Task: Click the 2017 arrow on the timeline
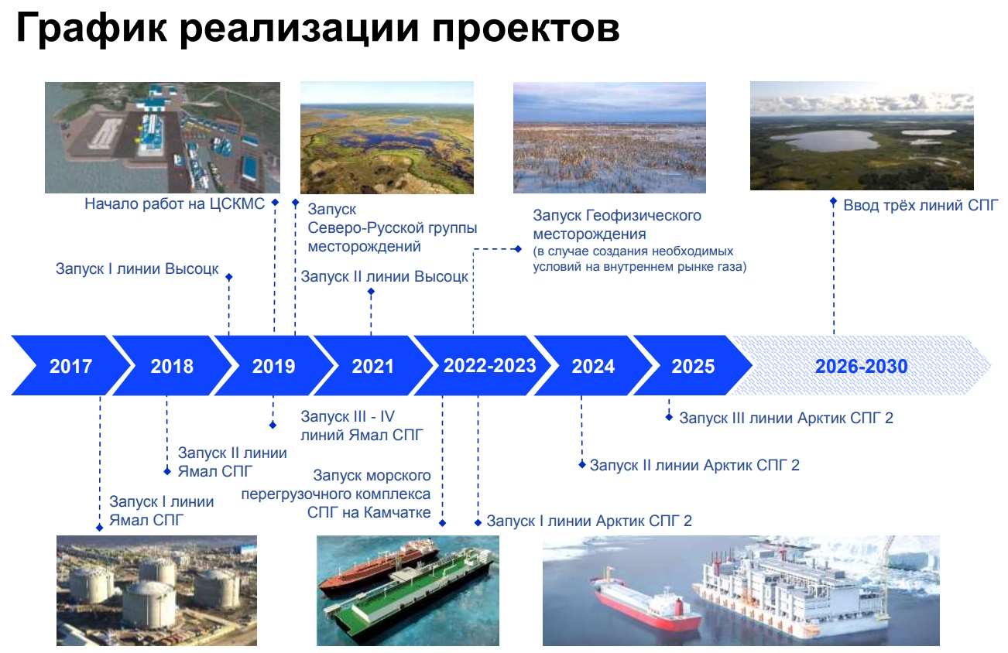pyautogui.click(x=70, y=366)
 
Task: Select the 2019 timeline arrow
pyautogui.click(x=273, y=366)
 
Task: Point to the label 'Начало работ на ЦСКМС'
pyautogui.click(x=175, y=203)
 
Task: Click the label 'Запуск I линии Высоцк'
pyautogui.click(x=137, y=269)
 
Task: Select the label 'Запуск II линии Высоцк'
pyautogui.click(x=384, y=276)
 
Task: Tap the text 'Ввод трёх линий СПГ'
pyautogui.click(x=921, y=205)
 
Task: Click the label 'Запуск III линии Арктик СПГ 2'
pyautogui.click(x=786, y=419)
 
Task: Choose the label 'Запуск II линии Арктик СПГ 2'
pyautogui.click(x=694, y=465)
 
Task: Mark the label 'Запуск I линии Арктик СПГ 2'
pyautogui.click(x=589, y=521)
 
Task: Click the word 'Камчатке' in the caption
pyautogui.click(x=397, y=512)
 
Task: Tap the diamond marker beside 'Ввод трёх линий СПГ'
pyautogui.click(x=833, y=201)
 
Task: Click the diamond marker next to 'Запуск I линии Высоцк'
pyautogui.click(x=228, y=276)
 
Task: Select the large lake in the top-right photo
pyautogui.click(x=826, y=140)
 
